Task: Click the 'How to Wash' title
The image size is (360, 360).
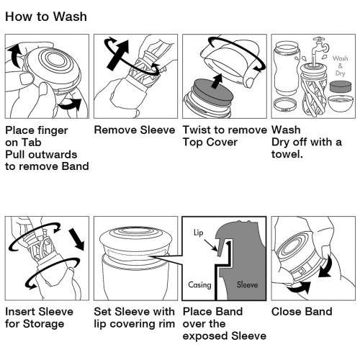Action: [46, 17]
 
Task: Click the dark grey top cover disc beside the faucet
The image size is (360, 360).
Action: [341, 87]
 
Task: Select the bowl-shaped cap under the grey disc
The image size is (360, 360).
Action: [341, 103]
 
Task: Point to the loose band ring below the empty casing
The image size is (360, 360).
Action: [285, 105]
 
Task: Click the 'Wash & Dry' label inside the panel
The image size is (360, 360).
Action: [340, 66]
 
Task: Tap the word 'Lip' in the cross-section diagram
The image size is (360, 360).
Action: [199, 233]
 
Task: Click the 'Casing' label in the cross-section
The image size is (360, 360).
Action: [199, 285]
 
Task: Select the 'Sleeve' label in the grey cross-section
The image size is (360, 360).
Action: [247, 284]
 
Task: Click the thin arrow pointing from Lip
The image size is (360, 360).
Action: [211, 245]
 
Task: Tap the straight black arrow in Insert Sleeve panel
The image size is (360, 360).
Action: [76, 240]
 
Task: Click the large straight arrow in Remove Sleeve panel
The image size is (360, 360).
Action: [117, 55]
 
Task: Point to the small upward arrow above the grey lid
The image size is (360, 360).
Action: [218, 81]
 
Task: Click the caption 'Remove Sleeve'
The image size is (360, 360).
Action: [135, 130]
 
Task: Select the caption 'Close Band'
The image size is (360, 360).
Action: [302, 312]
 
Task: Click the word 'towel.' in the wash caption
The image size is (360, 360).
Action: [287, 154]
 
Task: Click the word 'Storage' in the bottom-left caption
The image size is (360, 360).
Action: [44, 324]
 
